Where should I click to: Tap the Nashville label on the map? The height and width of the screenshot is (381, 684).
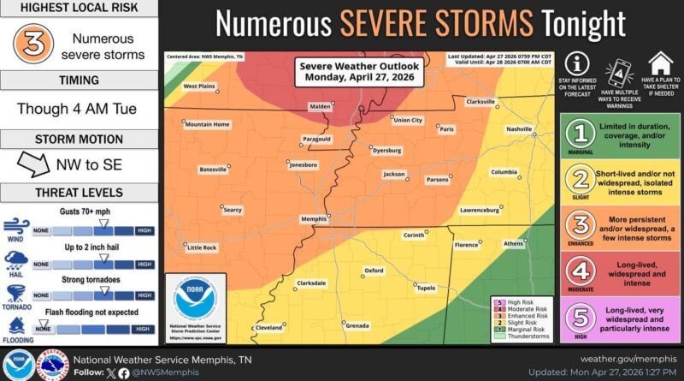click(x=519, y=128)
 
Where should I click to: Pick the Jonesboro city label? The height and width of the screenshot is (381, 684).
click(x=304, y=164)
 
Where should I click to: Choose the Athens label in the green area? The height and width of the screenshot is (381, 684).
click(x=515, y=242)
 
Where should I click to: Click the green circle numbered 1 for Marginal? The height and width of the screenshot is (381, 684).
click(x=583, y=134)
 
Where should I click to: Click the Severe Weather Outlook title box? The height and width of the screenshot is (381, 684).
click(x=347, y=72)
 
